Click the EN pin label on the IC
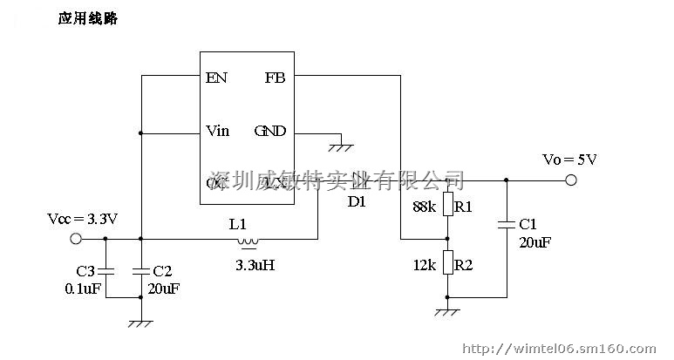[x=216, y=78]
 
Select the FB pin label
[x=274, y=78]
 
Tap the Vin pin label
[x=218, y=132]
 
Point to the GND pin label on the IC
[x=270, y=132]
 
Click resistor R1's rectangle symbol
[x=447, y=206]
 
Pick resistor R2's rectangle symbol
[x=447, y=262]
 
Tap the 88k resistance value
[x=424, y=207]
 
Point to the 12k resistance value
[x=425, y=262]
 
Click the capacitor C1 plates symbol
[x=507, y=224]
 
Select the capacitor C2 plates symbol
[x=140, y=269]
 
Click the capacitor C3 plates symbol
[x=106, y=269]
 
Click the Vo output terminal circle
[x=571, y=180]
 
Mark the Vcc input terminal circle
[x=76, y=238]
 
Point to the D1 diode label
[x=357, y=201]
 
